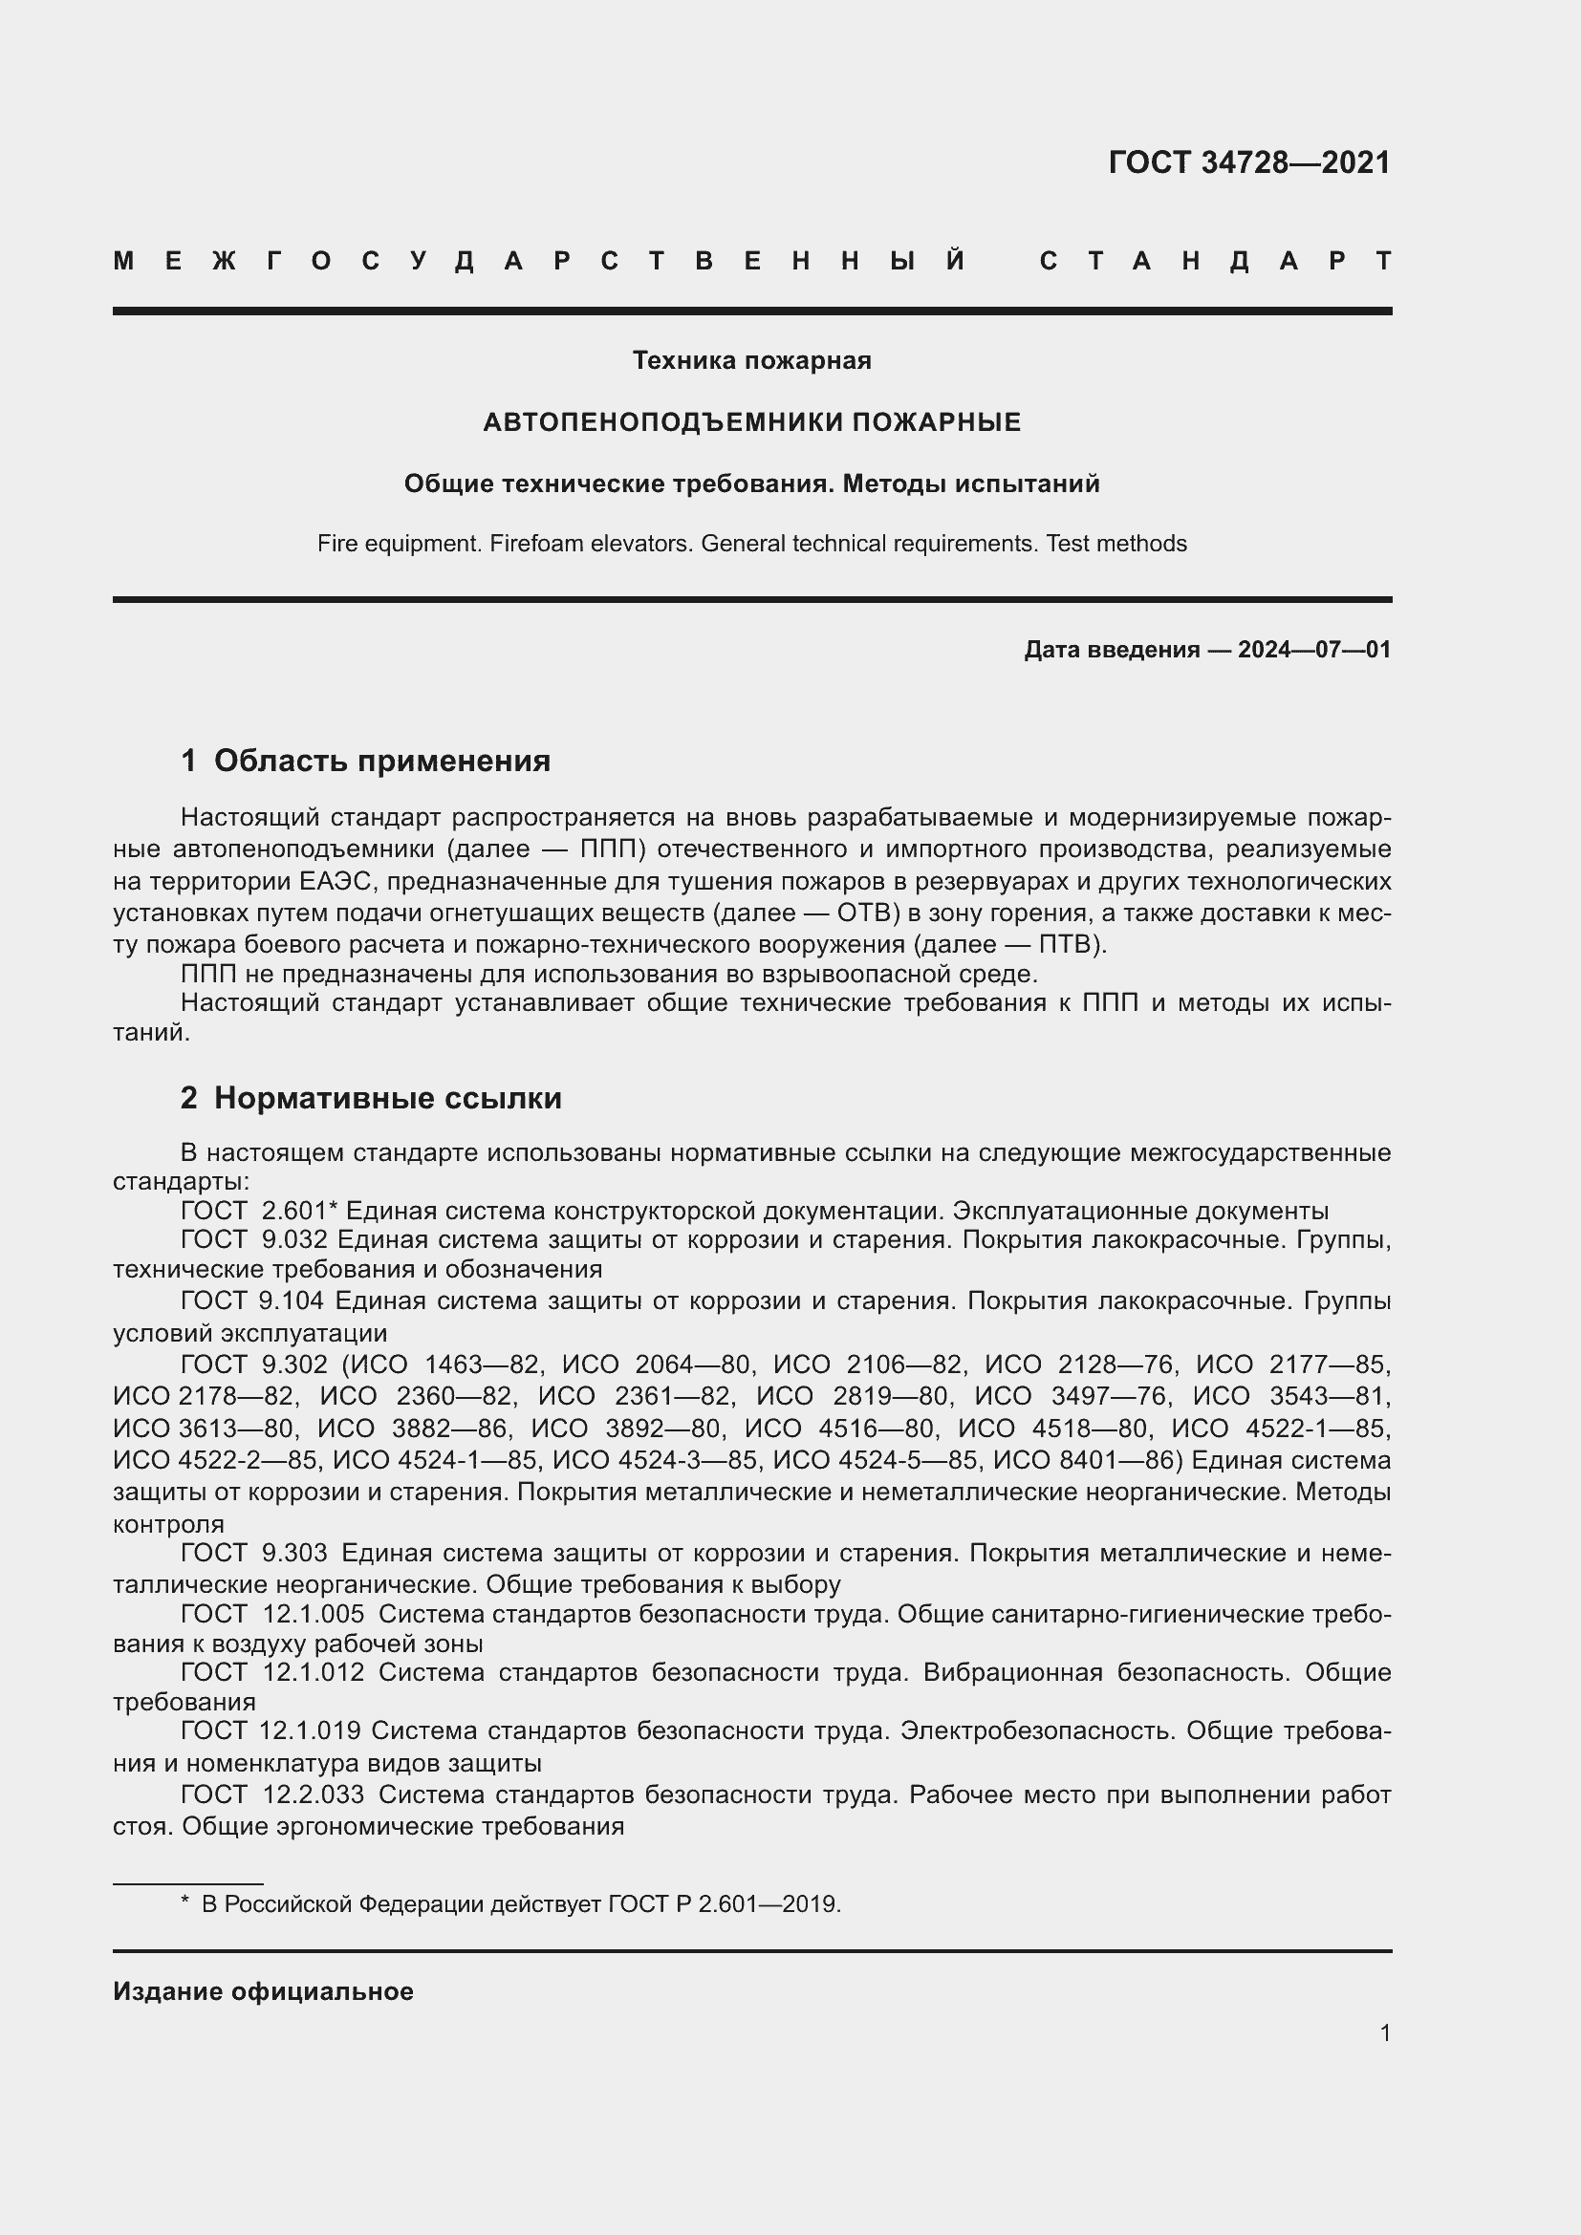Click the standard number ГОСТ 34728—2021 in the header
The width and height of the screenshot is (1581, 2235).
1249,162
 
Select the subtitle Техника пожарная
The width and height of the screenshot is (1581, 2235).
751,360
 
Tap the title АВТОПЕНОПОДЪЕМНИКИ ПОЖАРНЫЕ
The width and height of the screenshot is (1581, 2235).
751,422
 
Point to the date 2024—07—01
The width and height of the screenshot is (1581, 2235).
1313,649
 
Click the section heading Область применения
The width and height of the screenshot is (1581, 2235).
381,761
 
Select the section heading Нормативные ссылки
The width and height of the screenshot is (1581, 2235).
387,1098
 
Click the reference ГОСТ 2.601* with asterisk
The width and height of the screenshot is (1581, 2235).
258,1211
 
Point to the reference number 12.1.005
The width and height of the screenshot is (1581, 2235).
314,1614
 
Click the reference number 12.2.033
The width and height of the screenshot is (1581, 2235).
314,1794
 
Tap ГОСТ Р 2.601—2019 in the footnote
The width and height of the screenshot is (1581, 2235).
724,1904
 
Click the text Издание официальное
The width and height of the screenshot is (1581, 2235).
263,1991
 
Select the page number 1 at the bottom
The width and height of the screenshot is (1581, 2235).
1384,2032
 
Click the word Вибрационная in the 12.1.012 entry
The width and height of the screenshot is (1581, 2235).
1012,1672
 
